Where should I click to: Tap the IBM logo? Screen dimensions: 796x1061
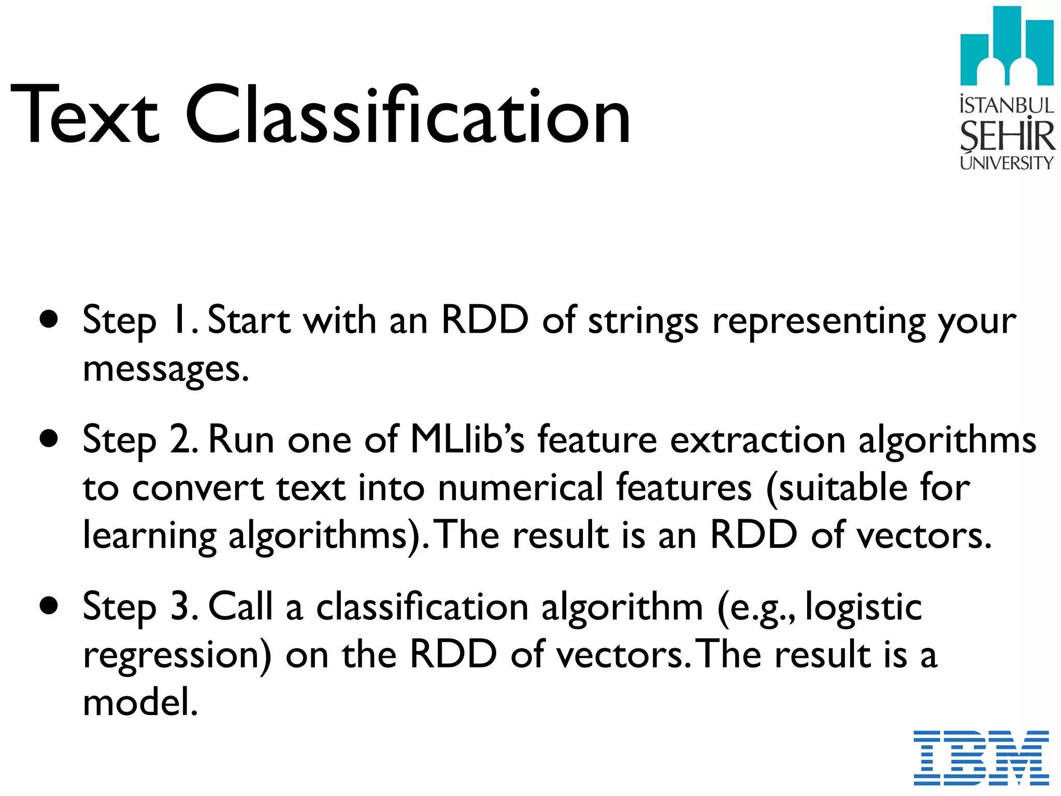[981, 757]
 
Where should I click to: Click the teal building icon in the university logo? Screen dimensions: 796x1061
[1006, 47]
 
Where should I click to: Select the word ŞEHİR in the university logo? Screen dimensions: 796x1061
[1007, 136]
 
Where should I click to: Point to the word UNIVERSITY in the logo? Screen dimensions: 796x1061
[1007, 163]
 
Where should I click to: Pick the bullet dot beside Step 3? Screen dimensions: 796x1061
[49, 606]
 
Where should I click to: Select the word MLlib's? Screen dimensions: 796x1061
[467, 439]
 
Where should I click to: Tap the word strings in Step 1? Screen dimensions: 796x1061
[643, 321]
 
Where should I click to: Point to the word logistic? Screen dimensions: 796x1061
[864, 607]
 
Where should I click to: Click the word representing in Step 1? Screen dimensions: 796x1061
[819, 321]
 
